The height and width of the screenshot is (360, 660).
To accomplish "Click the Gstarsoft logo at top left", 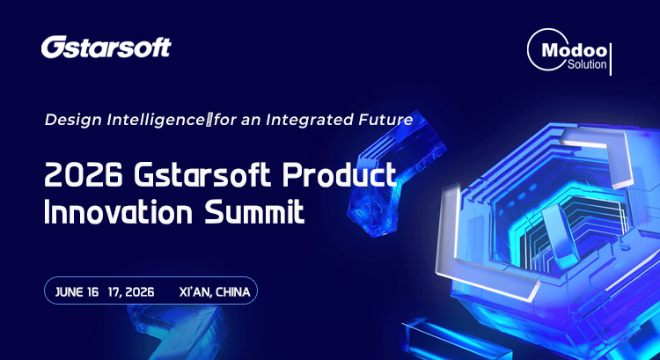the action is (x=106, y=48).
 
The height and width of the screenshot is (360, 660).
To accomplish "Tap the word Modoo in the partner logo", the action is (x=574, y=51).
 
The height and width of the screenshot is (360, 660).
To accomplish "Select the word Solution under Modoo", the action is (x=587, y=64).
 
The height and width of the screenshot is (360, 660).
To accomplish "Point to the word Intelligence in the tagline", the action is (x=156, y=120).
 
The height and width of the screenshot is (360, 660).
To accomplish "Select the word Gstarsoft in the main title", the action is (x=202, y=175).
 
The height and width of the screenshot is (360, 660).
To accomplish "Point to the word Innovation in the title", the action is (x=118, y=212).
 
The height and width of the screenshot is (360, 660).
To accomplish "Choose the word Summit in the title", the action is (x=253, y=212).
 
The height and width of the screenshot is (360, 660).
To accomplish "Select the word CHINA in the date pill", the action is (x=233, y=292).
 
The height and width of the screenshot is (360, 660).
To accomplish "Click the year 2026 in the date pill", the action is (x=139, y=292).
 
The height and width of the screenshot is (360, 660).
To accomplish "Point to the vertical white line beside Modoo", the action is (x=611, y=59).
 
